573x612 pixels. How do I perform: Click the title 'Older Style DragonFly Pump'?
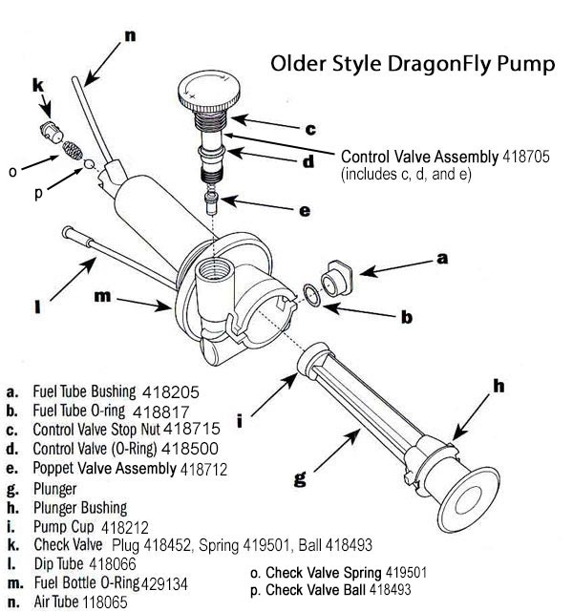(x=412, y=65)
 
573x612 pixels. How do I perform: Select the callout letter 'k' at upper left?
(x=38, y=87)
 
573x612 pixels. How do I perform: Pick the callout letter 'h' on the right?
(x=498, y=387)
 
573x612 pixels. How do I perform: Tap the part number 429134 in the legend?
(x=189, y=582)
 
